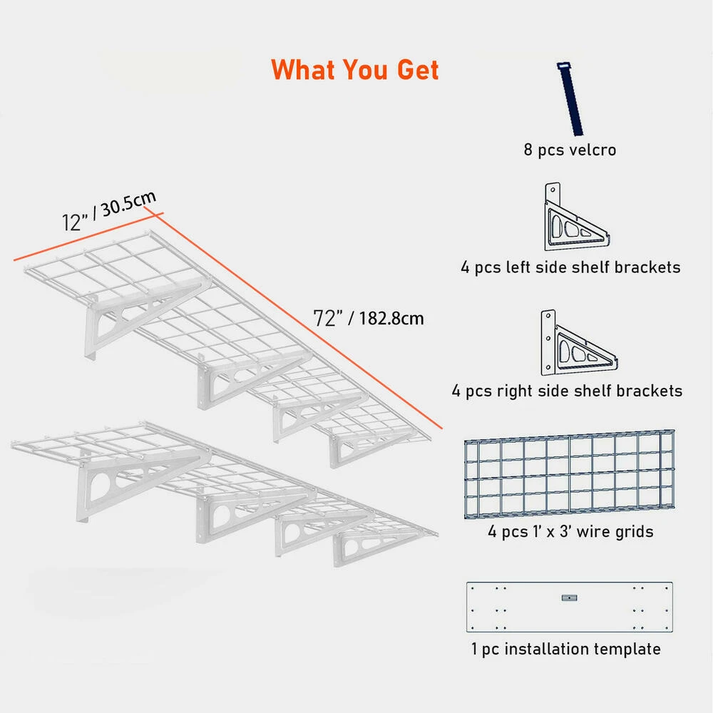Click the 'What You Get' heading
pyautogui.click(x=354, y=70)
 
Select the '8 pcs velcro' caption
pyautogui.click(x=570, y=150)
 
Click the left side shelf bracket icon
pyautogui.click(x=575, y=217)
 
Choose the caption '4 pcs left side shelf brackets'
pyautogui.click(x=570, y=267)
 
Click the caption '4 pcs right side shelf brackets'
pyautogui.click(x=567, y=391)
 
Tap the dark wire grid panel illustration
pyautogui.click(x=569, y=474)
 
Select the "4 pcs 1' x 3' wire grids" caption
pyautogui.click(x=570, y=532)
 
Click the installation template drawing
pyautogui.click(x=569, y=607)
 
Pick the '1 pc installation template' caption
pyautogui.click(x=565, y=649)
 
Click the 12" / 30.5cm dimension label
pyautogui.click(x=109, y=211)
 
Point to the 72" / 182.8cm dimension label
pyautogui.click(x=369, y=318)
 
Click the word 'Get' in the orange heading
pyautogui.click(x=418, y=70)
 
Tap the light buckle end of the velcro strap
pyautogui.click(x=563, y=66)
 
